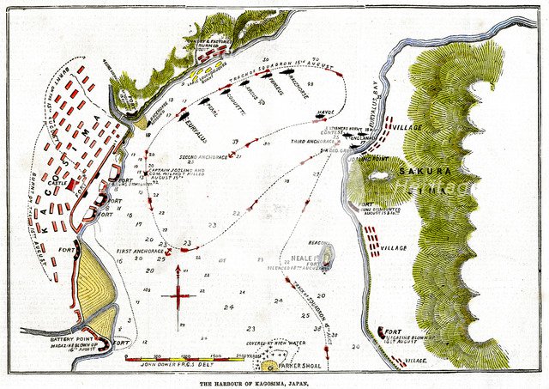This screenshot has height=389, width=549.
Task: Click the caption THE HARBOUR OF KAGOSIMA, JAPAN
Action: pos(274,382)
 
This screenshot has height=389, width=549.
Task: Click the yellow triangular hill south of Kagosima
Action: pos(96,282)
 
